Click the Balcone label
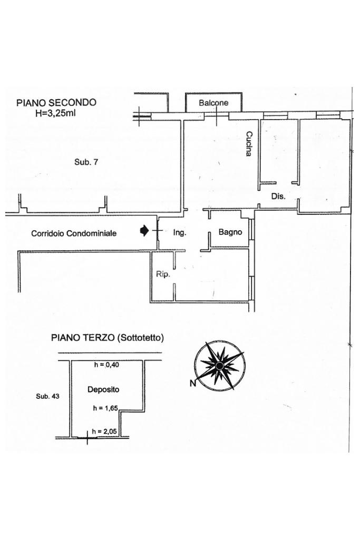pyautogui.click(x=213, y=103)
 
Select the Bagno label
pyautogui.click(x=230, y=232)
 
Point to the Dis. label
pyautogui.click(x=278, y=197)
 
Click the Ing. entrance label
pyautogui.click(x=180, y=232)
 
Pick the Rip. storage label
pyautogui.click(x=163, y=274)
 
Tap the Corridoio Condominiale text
pyautogui.click(x=74, y=233)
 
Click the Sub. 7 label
pyautogui.click(x=86, y=162)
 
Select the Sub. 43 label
pyautogui.click(x=47, y=397)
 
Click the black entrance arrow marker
pyautogui.click(x=144, y=230)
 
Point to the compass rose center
pyautogui.click(x=219, y=365)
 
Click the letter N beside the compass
pyautogui.click(x=192, y=384)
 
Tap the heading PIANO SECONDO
pyautogui.click(x=56, y=103)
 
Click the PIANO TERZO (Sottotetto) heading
pyautogui.click(x=107, y=338)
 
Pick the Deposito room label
pyautogui.click(x=103, y=390)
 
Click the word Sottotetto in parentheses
pyautogui.click(x=140, y=338)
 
